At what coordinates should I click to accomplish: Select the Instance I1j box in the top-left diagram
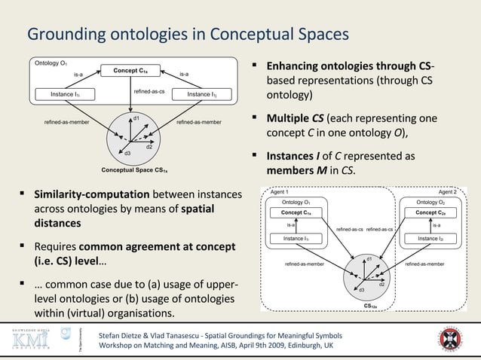click(x=201, y=94)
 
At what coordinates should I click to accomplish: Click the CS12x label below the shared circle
click(x=370, y=307)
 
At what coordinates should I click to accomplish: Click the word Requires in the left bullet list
click(x=55, y=247)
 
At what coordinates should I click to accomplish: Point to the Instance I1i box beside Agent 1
click(x=296, y=238)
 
